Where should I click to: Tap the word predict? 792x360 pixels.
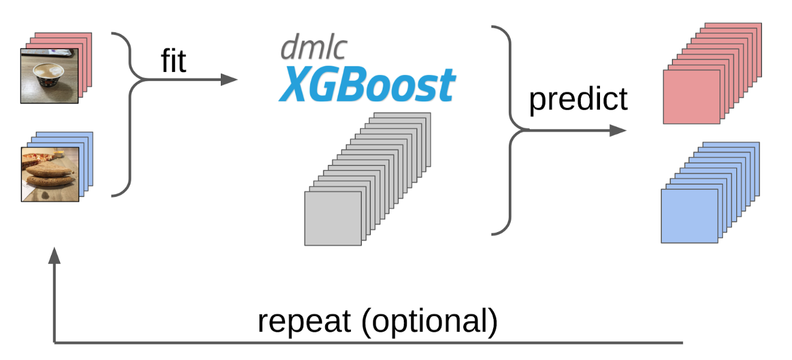pyautogui.click(x=578, y=99)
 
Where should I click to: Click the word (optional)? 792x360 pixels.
pyautogui.click(x=429, y=322)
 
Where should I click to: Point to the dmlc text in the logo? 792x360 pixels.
pyautogui.click(x=313, y=48)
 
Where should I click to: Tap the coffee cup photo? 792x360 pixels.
pyautogui.click(x=50, y=76)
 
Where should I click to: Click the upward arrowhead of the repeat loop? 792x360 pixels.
pyautogui.click(x=55, y=254)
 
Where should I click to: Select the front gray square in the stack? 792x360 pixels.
pyautogui.click(x=333, y=218)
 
